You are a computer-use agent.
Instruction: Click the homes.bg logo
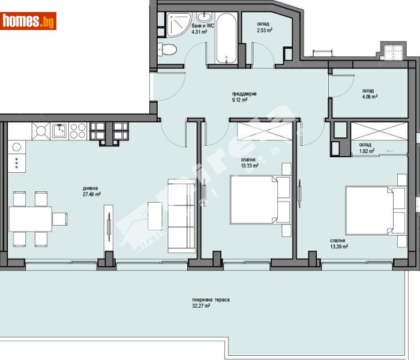pos(28,22)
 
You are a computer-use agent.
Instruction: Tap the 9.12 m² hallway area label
pos(241,97)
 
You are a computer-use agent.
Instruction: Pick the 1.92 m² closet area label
pos(367,148)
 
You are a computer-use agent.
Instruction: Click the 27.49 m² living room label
pos(92,191)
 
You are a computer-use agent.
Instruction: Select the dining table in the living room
pos(30,219)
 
